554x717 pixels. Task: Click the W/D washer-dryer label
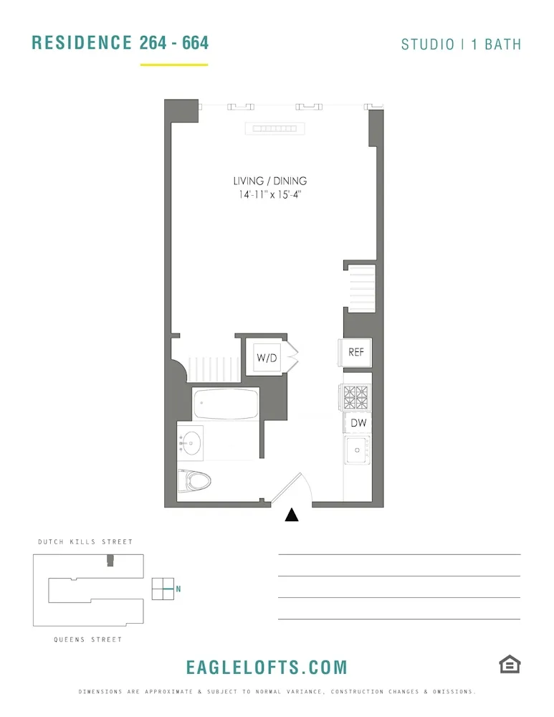point(267,358)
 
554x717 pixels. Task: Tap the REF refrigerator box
point(356,352)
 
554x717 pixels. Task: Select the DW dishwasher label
point(358,423)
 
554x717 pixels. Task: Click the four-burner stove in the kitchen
point(356,396)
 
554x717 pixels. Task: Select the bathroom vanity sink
point(191,443)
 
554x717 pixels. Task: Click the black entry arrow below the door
point(292,515)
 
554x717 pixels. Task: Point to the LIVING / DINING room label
point(269,181)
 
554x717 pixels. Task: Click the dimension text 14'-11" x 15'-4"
point(269,195)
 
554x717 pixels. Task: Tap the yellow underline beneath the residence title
point(174,65)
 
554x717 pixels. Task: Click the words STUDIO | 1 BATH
point(461,44)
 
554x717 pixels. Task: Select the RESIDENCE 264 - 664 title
point(120,43)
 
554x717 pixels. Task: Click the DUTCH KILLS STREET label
point(85,542)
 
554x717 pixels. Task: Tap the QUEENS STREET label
point(87,640)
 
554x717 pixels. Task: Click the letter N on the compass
point(178,589)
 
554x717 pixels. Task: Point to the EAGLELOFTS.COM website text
point(267,668)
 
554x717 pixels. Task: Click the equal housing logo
point(510,665)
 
